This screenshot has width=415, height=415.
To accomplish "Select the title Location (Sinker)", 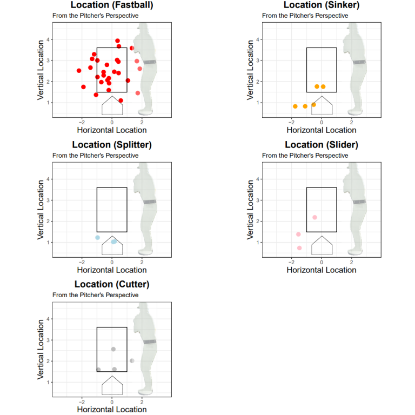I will tap(322, 5).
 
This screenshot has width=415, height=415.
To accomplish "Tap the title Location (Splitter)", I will tap(112, 145).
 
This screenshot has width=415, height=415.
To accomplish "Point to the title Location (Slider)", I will tap(322, 145).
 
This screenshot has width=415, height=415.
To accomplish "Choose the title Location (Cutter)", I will tap(112, 284).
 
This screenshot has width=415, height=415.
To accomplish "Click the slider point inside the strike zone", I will tap(314, 217).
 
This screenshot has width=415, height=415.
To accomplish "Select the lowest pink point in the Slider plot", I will tap(299, 248).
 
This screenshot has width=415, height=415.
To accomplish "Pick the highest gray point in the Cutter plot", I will tap(113, 349).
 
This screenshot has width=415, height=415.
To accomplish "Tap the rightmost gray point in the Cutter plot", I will tap(132, 361).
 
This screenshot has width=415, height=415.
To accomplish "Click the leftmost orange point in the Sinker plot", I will tap(295, 106).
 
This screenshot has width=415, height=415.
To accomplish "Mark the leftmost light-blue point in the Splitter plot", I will tap(98, 238).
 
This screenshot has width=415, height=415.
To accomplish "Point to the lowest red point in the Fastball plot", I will tap(121, 101).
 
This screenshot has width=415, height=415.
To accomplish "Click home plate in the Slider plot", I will tap(322, 246).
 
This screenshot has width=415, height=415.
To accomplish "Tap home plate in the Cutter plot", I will tap(112, 386).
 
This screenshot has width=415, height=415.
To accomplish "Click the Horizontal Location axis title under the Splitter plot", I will tap(112, 270).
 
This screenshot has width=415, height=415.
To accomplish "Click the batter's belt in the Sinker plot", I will tap(359, 62).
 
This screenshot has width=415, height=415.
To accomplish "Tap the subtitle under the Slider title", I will tap(305, 156).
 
